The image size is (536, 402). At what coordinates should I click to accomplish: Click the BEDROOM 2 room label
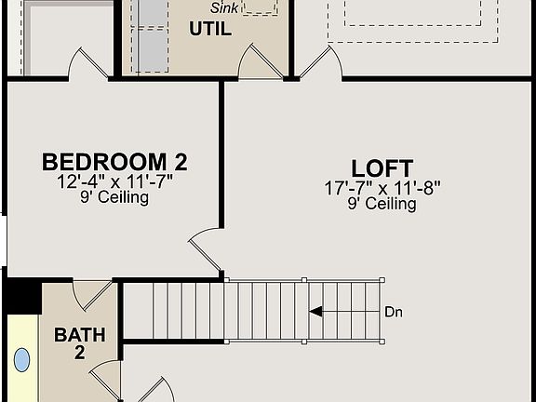114,162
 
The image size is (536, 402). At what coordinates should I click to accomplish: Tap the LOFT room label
382,168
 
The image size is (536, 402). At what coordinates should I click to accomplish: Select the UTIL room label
209,29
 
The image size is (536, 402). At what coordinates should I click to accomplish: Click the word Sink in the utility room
223,7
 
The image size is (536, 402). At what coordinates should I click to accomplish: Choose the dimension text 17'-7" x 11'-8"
382,187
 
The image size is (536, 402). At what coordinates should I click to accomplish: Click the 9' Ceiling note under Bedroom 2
114,197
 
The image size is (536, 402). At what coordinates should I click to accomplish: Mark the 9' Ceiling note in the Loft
382,204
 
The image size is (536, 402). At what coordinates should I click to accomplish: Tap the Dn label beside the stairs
394,312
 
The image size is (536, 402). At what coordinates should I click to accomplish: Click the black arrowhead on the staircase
316,312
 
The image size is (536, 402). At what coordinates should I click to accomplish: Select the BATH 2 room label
79,342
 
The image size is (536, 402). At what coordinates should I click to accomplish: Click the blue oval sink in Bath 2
21,360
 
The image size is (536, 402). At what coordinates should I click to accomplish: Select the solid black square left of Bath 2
20,296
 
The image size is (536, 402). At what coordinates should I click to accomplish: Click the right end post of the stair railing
382,279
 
